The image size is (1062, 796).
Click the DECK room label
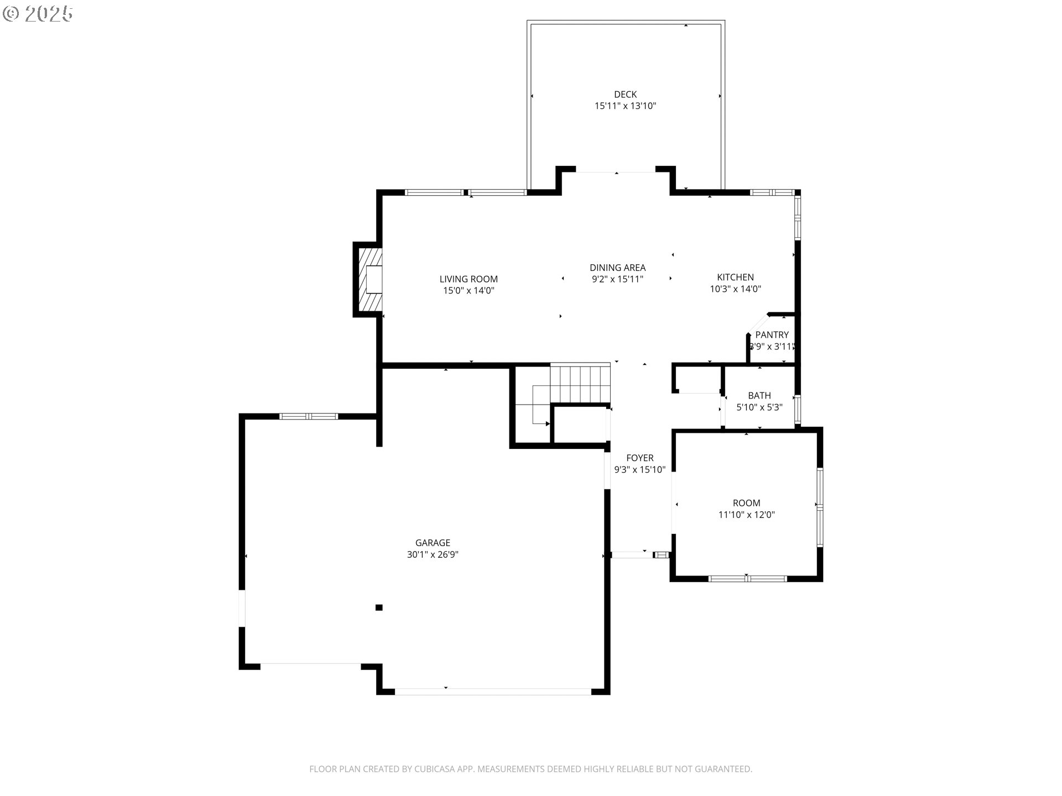625,95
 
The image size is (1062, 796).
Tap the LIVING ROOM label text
468,279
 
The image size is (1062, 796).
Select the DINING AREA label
617,268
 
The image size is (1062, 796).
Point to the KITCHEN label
735,277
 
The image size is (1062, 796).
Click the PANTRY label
772,334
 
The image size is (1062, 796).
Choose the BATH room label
759,395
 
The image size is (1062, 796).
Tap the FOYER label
639,458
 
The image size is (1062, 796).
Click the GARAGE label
433,543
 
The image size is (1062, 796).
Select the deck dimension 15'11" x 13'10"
625,106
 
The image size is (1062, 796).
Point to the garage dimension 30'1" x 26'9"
433,554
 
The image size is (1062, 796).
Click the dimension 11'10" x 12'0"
746,515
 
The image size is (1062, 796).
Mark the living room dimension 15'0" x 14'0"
468,290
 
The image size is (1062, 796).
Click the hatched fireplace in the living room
370,279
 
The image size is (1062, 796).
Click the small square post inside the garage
379,608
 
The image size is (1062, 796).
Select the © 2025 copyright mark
38,14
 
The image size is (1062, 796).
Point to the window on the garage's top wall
309,416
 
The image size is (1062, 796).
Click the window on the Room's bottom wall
747,579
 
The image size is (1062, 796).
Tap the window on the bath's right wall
797,409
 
